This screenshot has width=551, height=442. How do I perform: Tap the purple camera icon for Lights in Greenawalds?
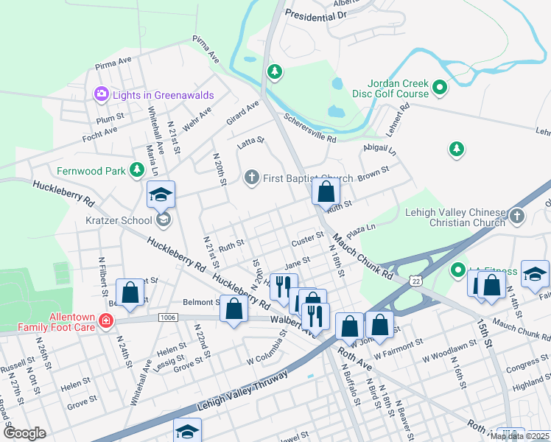point(101,94)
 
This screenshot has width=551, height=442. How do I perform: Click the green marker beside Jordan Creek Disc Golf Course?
point(440,88)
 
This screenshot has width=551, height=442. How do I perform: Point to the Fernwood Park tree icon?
point(136,171)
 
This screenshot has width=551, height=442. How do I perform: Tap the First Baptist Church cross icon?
point(251,178)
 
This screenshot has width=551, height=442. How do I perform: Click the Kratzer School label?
point(122,220)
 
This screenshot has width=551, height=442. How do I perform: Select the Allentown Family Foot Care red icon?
point(105,320)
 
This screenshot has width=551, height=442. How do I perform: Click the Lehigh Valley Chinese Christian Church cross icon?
point(517,216)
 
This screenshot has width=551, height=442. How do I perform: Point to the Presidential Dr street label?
point(315,15)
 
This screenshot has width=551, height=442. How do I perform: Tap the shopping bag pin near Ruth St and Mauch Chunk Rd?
point(325,192)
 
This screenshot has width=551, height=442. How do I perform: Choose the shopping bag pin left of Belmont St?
point(130,292)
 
